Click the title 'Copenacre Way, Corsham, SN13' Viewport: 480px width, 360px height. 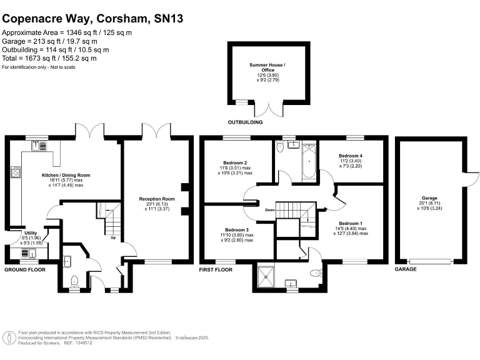93,19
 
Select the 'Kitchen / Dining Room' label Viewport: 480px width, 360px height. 66,176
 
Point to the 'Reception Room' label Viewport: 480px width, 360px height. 156,199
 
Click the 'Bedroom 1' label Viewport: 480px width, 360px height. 350,223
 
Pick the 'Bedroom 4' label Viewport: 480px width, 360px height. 351,156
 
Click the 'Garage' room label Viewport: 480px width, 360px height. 429,197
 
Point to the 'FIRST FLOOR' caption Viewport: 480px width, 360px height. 216,269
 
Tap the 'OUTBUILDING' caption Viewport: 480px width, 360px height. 245,122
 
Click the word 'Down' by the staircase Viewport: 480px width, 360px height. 270,210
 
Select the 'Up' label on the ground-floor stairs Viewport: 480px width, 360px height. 113,237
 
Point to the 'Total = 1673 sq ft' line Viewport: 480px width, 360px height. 49,58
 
